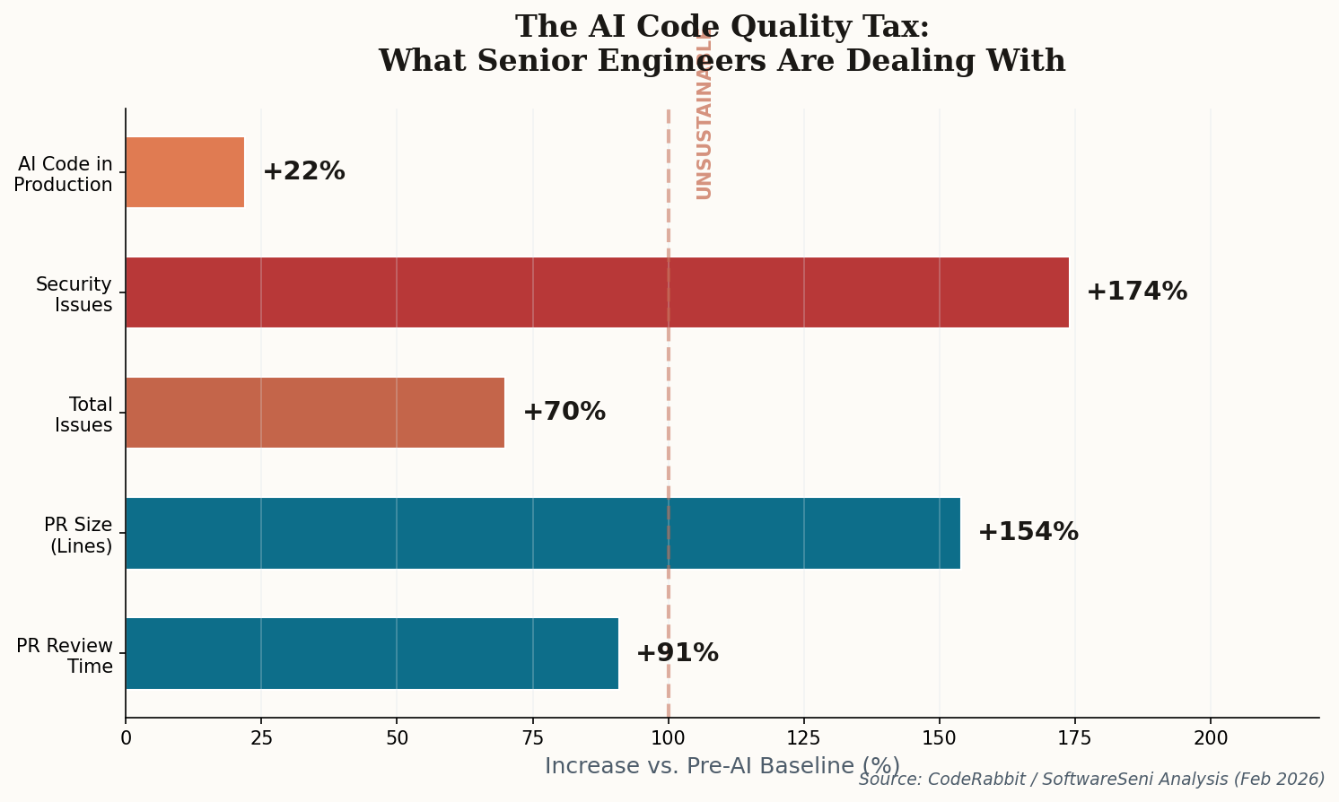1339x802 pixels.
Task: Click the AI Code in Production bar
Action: coord(185,172)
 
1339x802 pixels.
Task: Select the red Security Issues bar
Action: coord(597,292)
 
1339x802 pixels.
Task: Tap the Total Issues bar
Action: coord(315,413)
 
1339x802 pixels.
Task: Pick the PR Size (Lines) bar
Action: coord(543,533)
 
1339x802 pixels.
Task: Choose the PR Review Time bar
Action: coord(372,653)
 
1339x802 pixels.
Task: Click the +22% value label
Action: coord(303,171)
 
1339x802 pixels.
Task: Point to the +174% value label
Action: coord(1136,292)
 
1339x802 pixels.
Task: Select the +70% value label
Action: coord(564,412)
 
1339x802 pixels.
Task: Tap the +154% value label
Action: coord(1028,532)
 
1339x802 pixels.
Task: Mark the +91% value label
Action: coord(677,653)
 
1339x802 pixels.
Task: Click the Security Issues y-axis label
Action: coord(74,294)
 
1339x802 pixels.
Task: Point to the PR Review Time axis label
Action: coord(66,656)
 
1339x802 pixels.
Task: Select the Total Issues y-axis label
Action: coord(83,414)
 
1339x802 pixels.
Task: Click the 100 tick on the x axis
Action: coord(668,738)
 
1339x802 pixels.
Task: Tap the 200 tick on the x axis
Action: coord(1210,738)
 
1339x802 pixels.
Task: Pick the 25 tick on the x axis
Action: coord(261,738)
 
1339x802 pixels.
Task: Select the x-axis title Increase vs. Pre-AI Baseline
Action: coord(722,766)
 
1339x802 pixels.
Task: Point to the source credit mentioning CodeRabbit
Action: coord(1091,780)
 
